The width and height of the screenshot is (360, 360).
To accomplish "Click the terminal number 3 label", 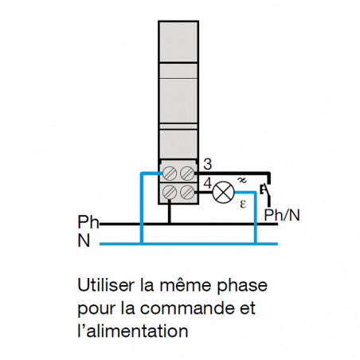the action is pos(208,164).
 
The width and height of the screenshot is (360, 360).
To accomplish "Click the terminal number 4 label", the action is pos(208,183).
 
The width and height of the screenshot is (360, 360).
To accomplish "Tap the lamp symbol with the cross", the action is pos(224,192).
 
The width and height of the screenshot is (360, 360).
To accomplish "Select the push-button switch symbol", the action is pos(266,190).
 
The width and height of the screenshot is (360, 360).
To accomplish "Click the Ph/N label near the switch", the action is pos(282,215).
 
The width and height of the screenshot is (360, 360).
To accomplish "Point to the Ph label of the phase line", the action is pos(88,222).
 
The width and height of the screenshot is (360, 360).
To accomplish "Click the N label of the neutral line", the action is pos(84,241).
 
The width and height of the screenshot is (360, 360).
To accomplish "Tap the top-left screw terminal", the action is pos(170,174).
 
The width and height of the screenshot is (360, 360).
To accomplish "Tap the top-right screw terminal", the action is pos(187,174).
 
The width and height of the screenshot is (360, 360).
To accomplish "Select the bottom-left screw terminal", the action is pos(170,192).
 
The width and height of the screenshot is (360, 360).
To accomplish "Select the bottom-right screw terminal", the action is pos(187,192).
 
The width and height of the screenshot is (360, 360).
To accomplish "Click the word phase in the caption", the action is pos(242,286).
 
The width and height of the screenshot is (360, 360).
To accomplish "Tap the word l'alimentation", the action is pos(133,331).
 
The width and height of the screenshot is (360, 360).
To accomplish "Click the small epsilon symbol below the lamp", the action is pos(243,204).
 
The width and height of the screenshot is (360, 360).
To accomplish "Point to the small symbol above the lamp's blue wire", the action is pos(242,180).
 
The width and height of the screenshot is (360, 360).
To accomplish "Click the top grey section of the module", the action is pos(178,41).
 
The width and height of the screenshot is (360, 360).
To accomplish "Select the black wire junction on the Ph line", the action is pos(170,224).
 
